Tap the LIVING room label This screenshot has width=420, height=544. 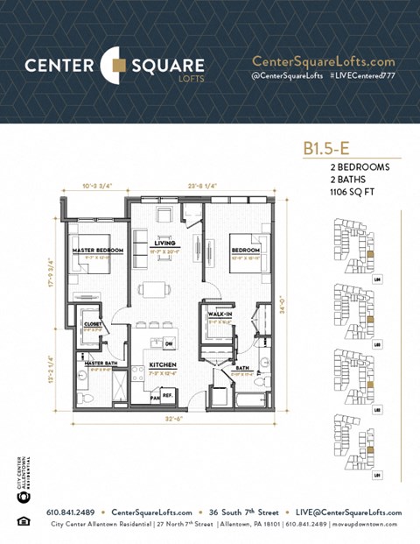tap(164, 243)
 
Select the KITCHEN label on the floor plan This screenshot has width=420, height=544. tap(164, 364)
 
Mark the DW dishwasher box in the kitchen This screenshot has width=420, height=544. tap(168, 343)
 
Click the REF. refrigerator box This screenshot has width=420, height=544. tap(167, 395)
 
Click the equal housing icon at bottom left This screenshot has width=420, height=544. tap(22, 523)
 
